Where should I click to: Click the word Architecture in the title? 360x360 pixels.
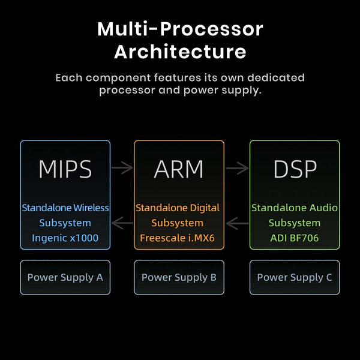tap(180, 52)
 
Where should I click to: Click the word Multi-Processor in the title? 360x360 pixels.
tap(180, 29)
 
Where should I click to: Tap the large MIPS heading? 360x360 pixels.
tap(65, 170)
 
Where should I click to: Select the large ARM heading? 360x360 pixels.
tap(179, 170)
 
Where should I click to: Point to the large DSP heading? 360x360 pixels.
tap(295, 170)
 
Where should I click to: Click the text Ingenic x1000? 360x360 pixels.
tap(65, 238)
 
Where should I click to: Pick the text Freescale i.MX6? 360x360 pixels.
tap(179, 238)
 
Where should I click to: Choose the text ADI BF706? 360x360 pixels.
tap(295, 238)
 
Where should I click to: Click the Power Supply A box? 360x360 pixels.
tap(65, 277)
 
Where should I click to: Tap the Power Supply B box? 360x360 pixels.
tap(179, 277)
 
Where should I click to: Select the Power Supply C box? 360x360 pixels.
tap(295, 277)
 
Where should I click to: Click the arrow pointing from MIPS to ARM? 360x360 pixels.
tap(122, 168)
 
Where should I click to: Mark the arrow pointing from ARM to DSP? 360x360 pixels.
tap(236, 168)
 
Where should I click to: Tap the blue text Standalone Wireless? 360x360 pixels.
tap(65, 208)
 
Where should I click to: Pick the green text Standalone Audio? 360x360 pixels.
tap(295, 208)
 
